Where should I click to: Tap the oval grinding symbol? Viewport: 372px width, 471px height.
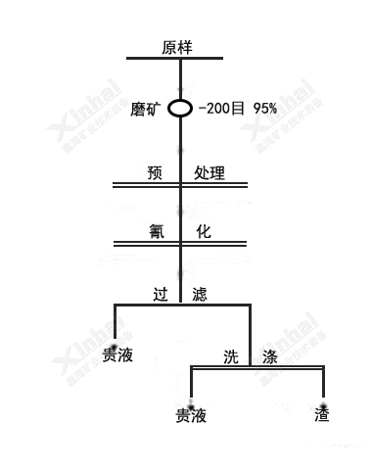point(180,107)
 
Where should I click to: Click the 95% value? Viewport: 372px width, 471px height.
point(263,107)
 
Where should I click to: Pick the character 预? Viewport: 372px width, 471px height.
point(155,173)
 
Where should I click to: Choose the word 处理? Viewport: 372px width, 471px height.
point(209,173)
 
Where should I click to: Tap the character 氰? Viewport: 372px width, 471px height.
point(155,232)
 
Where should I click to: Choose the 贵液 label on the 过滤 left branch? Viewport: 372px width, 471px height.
point(118,354)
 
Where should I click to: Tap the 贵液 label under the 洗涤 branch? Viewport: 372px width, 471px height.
point(191,415)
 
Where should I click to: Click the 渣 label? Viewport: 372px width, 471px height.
point(322,414)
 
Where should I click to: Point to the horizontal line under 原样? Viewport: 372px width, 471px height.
point(180,59)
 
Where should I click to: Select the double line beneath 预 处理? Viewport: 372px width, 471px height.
point(180,185)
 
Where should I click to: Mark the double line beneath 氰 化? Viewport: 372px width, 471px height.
point(180,244)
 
